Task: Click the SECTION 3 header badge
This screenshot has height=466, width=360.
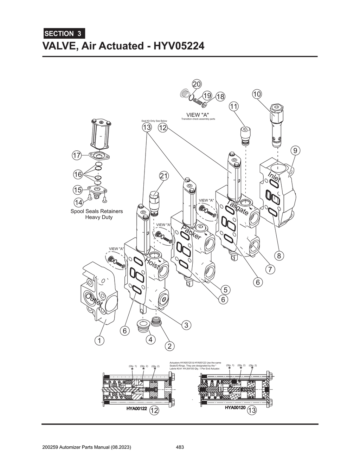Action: click(x=64, y=34)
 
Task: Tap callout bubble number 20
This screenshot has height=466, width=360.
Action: click(x=197, y=84)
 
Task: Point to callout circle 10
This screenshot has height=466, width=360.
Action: click(x=257, y=94)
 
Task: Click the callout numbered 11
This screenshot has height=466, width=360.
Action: click(x=234, y=106)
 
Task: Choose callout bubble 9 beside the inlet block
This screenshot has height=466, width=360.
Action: click(x=295, y=151)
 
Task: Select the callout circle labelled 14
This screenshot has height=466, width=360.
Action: click(x=78, y=202)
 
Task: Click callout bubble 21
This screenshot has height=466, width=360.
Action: click(x=164, y=176)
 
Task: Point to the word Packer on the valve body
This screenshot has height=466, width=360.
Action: click(x=191, y=233)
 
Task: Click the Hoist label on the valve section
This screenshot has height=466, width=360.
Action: click(x=152, y=263)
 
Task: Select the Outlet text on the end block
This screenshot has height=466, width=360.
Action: click(x=94, y=300)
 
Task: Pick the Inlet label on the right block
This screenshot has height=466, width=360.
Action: click(x=274, y=177)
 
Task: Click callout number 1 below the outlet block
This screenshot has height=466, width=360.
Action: click(x=99, y=341)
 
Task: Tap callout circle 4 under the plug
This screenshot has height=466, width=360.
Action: click(x=150, y=340)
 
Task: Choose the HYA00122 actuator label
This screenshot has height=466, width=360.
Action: click(x=136, y=409)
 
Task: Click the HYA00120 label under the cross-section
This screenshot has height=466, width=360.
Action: click(x=235, y=408)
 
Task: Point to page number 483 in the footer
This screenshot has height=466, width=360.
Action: click(x=180, y=447)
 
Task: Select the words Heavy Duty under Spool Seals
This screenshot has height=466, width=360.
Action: click(x=99, y=217)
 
